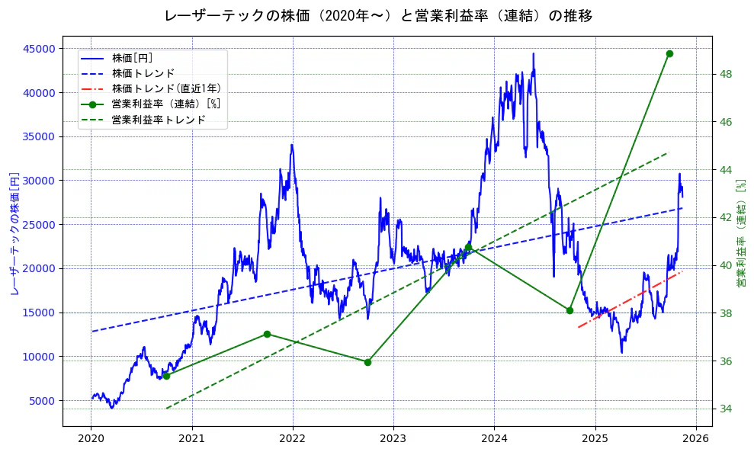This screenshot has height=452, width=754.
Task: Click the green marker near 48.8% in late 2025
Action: click(x=669, y=53)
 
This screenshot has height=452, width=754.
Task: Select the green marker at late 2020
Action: click(x=166, y=376)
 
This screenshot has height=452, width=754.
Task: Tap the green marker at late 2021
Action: click(x=267, y=334)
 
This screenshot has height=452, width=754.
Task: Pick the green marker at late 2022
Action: click(x=367, y=362)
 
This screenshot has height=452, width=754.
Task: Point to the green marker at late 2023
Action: click(x=468, y=247)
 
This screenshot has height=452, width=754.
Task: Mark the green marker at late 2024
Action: click(x=570, y=310)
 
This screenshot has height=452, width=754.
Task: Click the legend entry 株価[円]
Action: click(x=133, y=58)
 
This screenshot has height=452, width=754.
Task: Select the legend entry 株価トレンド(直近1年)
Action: click(x=166, y=88)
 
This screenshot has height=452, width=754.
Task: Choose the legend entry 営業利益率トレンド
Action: click(x=159, y=120)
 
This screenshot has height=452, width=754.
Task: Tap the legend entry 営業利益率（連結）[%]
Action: click(x=166, y=104)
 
